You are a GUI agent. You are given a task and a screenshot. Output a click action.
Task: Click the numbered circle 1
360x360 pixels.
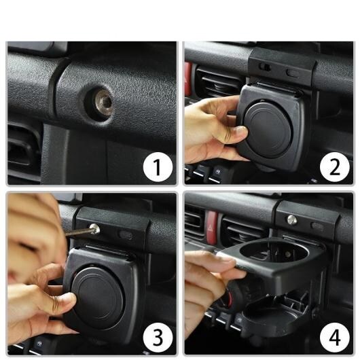(158, 167)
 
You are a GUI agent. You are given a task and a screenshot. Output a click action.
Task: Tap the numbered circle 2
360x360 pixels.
(335, 167)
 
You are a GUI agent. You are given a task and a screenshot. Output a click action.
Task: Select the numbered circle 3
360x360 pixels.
(158, 338)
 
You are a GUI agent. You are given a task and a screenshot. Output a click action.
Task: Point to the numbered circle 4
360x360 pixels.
(335, 338)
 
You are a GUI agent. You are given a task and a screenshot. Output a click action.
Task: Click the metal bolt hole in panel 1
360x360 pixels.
(104, 102)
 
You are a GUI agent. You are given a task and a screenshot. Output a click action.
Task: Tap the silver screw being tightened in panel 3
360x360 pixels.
(94, 229)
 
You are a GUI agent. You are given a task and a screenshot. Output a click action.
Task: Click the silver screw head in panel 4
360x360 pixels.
(292, 220)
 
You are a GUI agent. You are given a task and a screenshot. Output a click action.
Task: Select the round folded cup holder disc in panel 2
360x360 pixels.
(268, 130)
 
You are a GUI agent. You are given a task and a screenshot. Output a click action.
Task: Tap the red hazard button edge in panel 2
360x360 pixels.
(187, 79)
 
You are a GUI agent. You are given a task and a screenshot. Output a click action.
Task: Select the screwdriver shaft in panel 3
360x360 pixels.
(77, 232)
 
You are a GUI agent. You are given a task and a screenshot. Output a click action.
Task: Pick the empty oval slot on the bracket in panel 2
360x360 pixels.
(293, 73)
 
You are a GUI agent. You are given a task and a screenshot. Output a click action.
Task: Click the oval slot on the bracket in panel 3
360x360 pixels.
(126, 234)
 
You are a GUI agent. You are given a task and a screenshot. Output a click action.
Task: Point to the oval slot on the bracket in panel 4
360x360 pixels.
(317, 226)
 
